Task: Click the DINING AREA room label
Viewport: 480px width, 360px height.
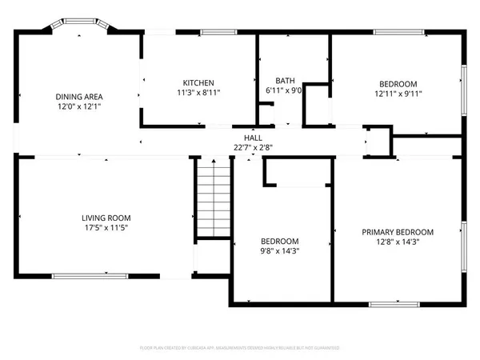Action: (x=78, y=96)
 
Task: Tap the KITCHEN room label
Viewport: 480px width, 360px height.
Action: (x=198, y=82)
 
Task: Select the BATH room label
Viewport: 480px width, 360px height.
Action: (x=285, y=81)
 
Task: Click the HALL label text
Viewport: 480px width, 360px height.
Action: (x=242, y=138)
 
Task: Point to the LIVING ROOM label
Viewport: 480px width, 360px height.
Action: (x=106, y=218)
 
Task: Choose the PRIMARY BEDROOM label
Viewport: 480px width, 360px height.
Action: (x=398, y=231)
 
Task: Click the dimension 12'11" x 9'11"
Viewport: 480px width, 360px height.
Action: (x=398, y=94)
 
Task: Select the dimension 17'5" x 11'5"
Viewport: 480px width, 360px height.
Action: (x=106, y=227)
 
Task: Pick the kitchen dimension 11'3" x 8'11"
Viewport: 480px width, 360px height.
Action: (x=198, y=92)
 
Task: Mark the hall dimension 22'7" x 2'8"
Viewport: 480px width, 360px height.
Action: (x=242, y=146)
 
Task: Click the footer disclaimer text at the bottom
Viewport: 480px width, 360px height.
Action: (x=240, y=348)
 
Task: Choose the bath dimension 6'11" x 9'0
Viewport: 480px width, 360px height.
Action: (x=285, y=90)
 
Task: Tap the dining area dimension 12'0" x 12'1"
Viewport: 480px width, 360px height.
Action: (x=78, y=106)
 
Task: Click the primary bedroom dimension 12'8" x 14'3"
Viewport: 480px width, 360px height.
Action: (x=398, y=241)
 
